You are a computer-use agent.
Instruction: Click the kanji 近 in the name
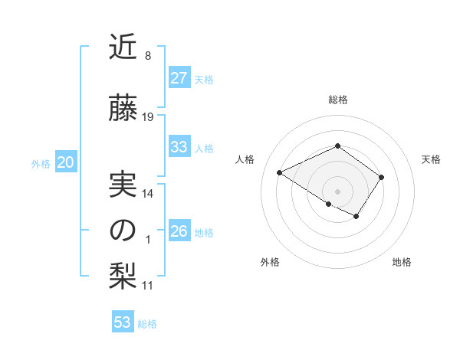coord(123,48)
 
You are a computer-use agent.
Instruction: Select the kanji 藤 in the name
coord(123,110)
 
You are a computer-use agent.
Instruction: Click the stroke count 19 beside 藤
coord(148,117)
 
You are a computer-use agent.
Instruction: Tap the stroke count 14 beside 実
coord(148,194)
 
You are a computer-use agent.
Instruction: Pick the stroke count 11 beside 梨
coord(148,286)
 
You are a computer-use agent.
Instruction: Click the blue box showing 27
coord(179,78)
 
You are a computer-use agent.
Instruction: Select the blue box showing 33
coord(179,147)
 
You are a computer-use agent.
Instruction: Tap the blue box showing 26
coord(179,231)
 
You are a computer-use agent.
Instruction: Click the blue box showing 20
coord(66,162)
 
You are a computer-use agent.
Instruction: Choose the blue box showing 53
coord(123,322)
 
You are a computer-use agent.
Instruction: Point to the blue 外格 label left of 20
coord(41,164)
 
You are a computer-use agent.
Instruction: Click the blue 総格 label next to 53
coord(147,324)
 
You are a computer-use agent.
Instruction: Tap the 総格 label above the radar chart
coord(337,100)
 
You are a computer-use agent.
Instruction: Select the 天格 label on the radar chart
coord(432,159)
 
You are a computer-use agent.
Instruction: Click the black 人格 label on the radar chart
coord(245,159)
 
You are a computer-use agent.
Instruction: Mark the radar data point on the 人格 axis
coord(280,173)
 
